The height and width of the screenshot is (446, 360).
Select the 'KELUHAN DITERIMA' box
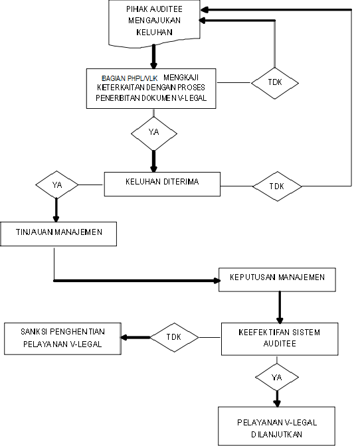coord(162,184)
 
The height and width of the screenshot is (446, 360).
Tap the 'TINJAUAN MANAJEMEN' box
coord(59,233)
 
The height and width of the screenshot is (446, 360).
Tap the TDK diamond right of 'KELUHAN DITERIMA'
coord(276,186)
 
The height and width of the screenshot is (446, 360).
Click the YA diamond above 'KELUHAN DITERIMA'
coord(154,132)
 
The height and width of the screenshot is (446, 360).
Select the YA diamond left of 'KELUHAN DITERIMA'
coord(56,185)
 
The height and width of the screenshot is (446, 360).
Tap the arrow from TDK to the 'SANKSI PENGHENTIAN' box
coord(135,336)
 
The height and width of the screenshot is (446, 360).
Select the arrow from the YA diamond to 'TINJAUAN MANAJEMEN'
coord(56,209)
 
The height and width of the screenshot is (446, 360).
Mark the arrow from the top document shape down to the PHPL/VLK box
coord(153,56)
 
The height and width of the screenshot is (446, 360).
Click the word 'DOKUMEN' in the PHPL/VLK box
coord(165,98)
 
